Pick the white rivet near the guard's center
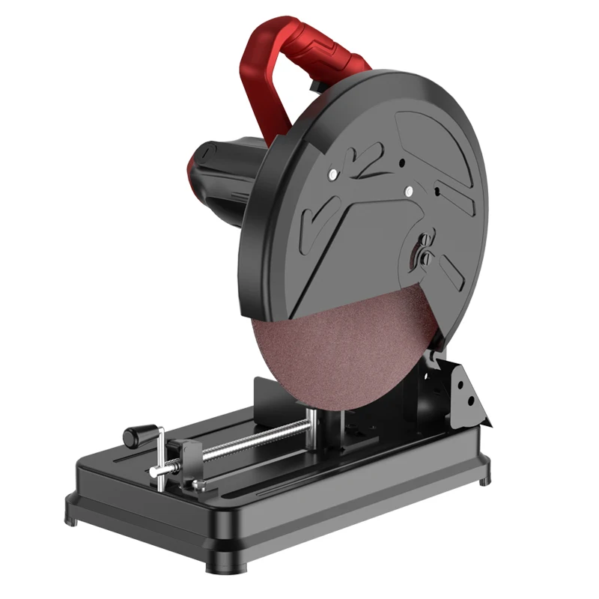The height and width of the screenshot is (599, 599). [x=408, y=192]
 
